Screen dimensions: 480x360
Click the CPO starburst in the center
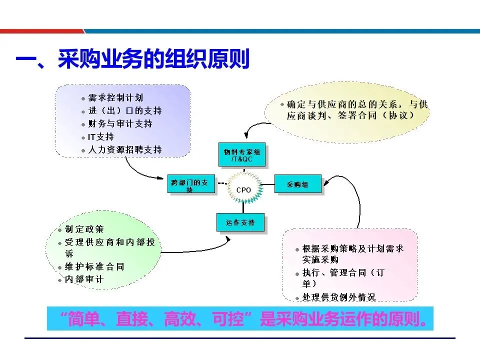[243, 190]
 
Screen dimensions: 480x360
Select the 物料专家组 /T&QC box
[243, 155]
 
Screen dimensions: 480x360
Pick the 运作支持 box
[240, 222]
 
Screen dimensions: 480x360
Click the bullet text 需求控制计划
[115, 98]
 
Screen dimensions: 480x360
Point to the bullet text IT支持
[101, 136]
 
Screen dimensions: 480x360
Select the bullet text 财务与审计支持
[120, 123]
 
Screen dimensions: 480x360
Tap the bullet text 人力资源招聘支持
[125, 149]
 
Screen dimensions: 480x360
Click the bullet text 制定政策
[84, 229]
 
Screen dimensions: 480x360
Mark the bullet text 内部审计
[84, 279]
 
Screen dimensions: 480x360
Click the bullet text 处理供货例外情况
[338, 297]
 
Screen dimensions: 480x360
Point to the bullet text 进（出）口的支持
[125, 110]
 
